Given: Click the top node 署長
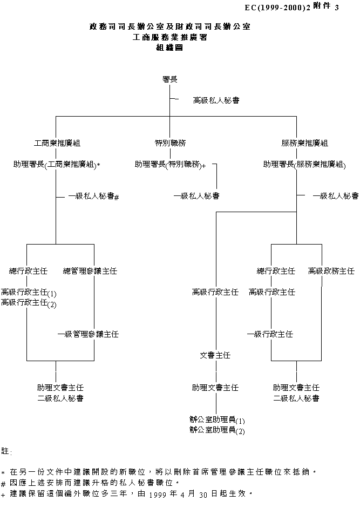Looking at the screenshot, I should coord(170,79).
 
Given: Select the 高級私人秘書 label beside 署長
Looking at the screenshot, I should coord(216,100).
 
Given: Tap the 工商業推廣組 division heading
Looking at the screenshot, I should coord(57,143).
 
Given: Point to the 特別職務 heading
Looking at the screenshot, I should coord(170,143).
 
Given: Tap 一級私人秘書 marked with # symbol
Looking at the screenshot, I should coord(93,197).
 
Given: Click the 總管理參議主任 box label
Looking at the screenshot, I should coord(90,270).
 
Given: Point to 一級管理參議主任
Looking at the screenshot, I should coord(88,334).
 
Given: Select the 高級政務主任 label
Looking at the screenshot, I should coord(331,270).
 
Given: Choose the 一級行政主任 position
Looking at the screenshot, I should coord(270,334).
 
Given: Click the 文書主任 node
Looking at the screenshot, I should coord(215,355).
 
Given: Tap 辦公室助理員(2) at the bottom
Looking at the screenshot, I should coord(217,430).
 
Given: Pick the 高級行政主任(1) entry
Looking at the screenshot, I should coord(29,293).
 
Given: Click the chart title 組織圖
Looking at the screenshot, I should coord(169,48).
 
